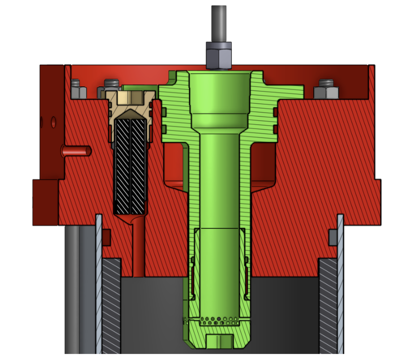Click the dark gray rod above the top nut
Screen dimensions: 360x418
pyautogui.click(x=219, y=23)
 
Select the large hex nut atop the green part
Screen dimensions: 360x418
pyautogui.click(x=218, y=55)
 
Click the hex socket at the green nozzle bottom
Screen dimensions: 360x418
pyautogui.click(x=219, y=341)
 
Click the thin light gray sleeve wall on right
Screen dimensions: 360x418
pyautogui.click(x=341, y=283)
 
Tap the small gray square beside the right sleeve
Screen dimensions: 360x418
pyautogui.click(x=333, y=237)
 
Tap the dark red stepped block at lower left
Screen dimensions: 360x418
pyautogui.click(x=45, y=201)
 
